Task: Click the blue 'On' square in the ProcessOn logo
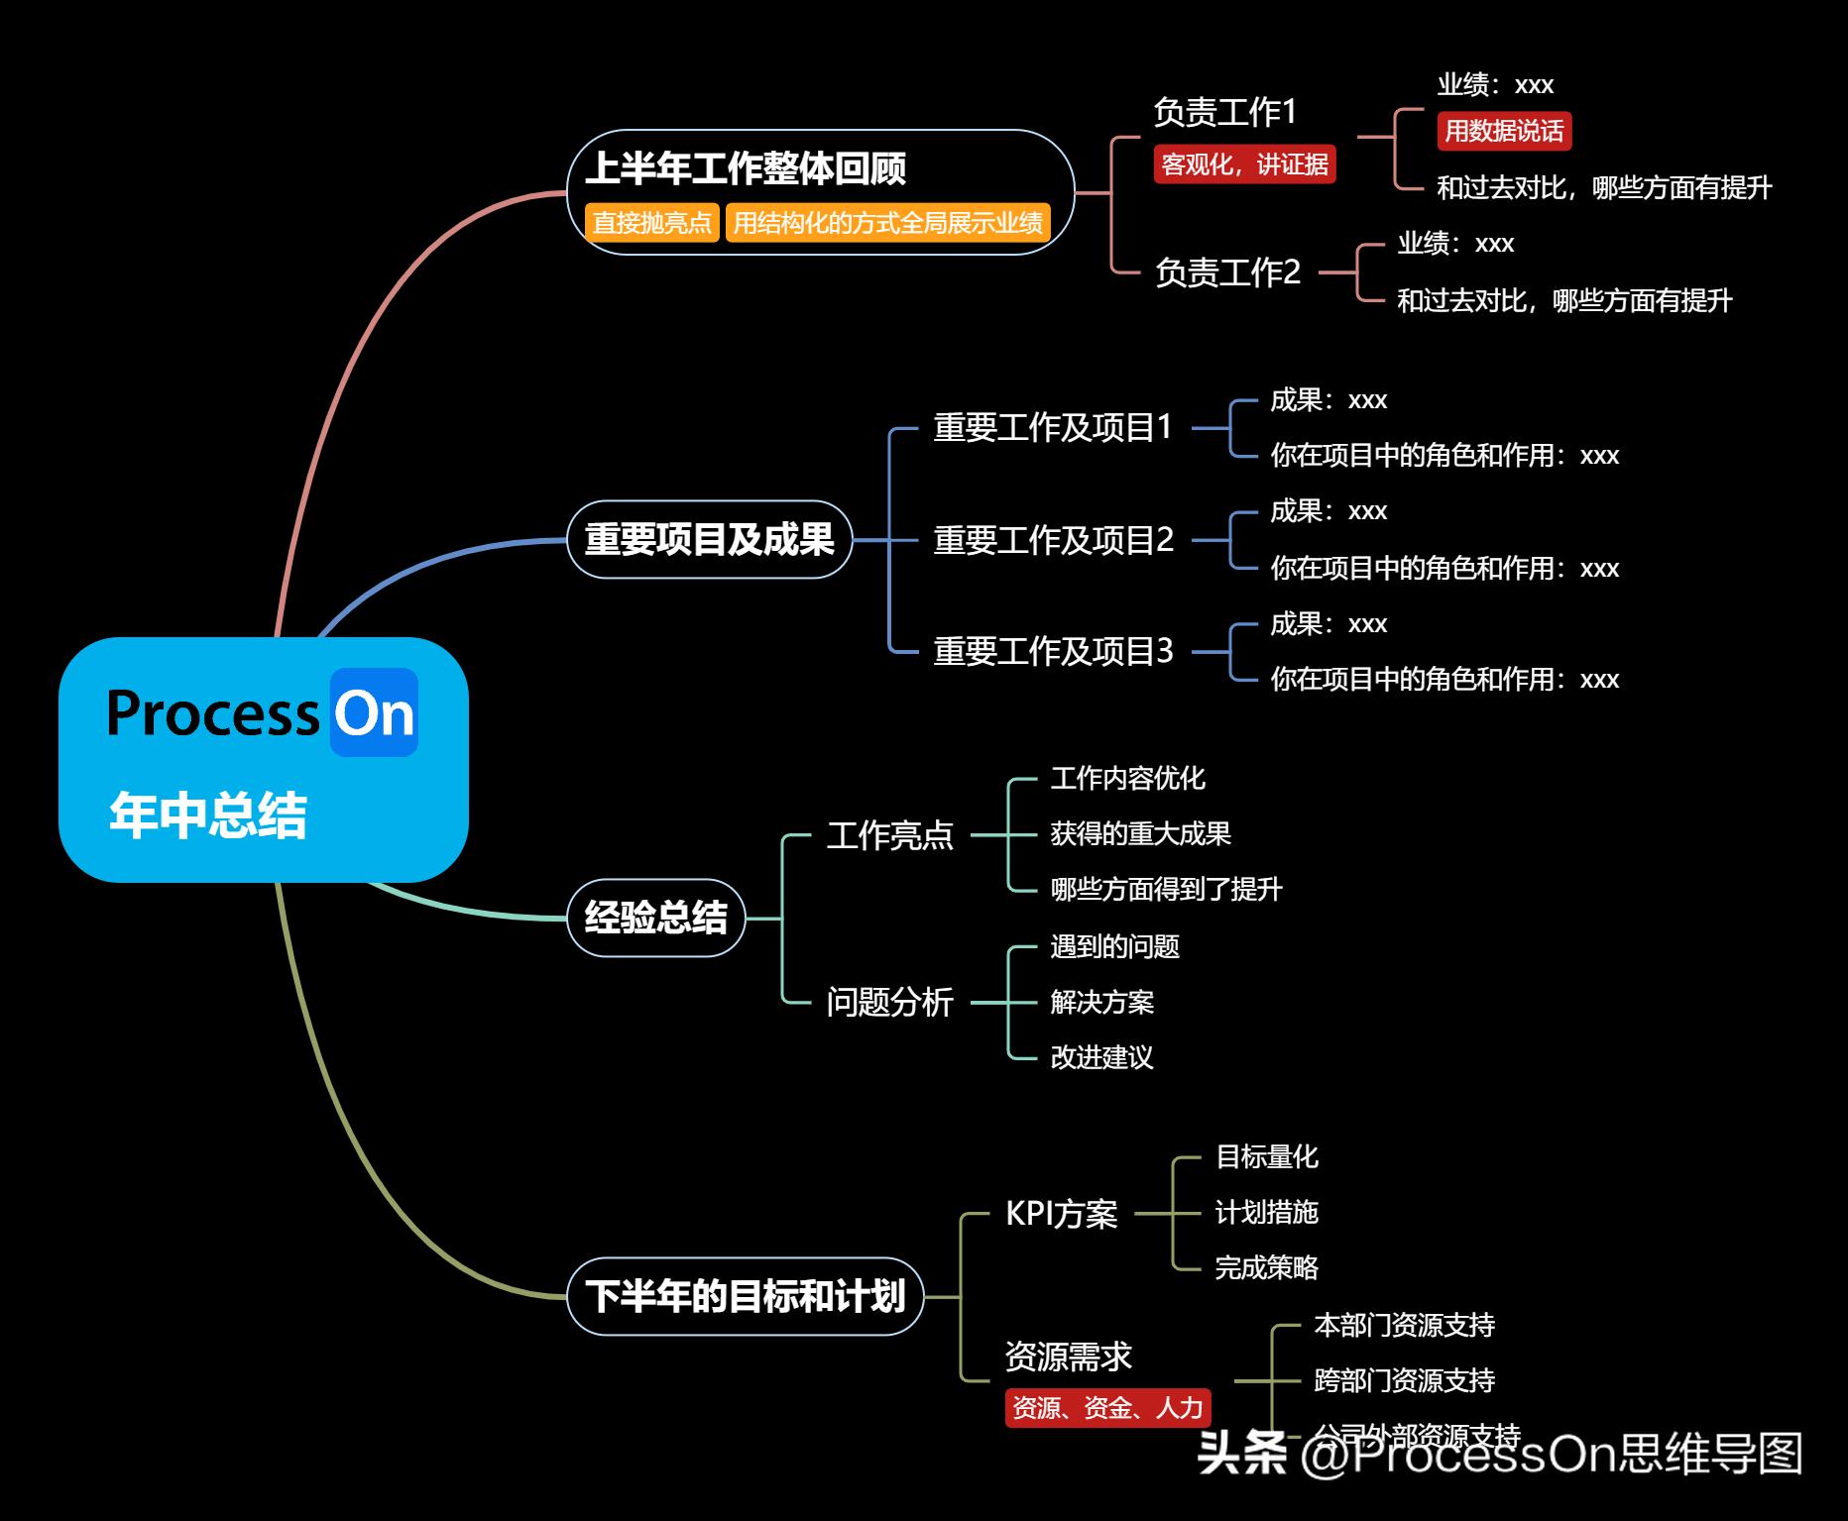coord(374,712)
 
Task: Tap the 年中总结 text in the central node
coord(208,815)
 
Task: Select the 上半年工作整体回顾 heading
coord(746,168)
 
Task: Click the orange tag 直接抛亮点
coord(651,222)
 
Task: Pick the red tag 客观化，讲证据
coord(1244,163)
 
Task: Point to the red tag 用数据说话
coord(1503,131)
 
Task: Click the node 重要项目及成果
coord(709,540)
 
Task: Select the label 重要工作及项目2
coord(1053,540)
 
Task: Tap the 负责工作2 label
coord(1227,272)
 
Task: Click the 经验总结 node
coord(655,918)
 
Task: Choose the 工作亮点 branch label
coord(889,835)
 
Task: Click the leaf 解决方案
coord(1101,1002)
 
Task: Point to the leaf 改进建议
coord(1101,1057)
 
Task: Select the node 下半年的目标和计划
coord(745,1296)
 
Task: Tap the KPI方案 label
coord(1061,1213)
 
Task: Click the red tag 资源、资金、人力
coord(1107,1407)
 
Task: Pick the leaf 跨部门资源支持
coord(1404,1380)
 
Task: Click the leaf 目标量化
coord(1266,1156)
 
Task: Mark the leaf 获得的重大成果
coord(1140,833)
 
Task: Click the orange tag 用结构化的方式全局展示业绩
coord(887,222)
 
